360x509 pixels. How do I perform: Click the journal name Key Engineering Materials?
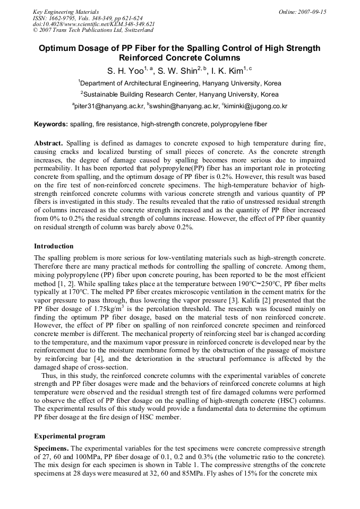point(65,12)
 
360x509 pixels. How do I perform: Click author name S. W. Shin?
point(178,70)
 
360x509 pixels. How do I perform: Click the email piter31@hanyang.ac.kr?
point(109,106)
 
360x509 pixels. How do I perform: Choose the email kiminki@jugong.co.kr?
point(256,106)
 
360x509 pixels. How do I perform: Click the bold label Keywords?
point(51,124)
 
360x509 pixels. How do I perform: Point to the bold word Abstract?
point(48,144)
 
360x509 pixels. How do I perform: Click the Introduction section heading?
point(54,246)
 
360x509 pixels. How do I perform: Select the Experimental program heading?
point(70,436)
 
